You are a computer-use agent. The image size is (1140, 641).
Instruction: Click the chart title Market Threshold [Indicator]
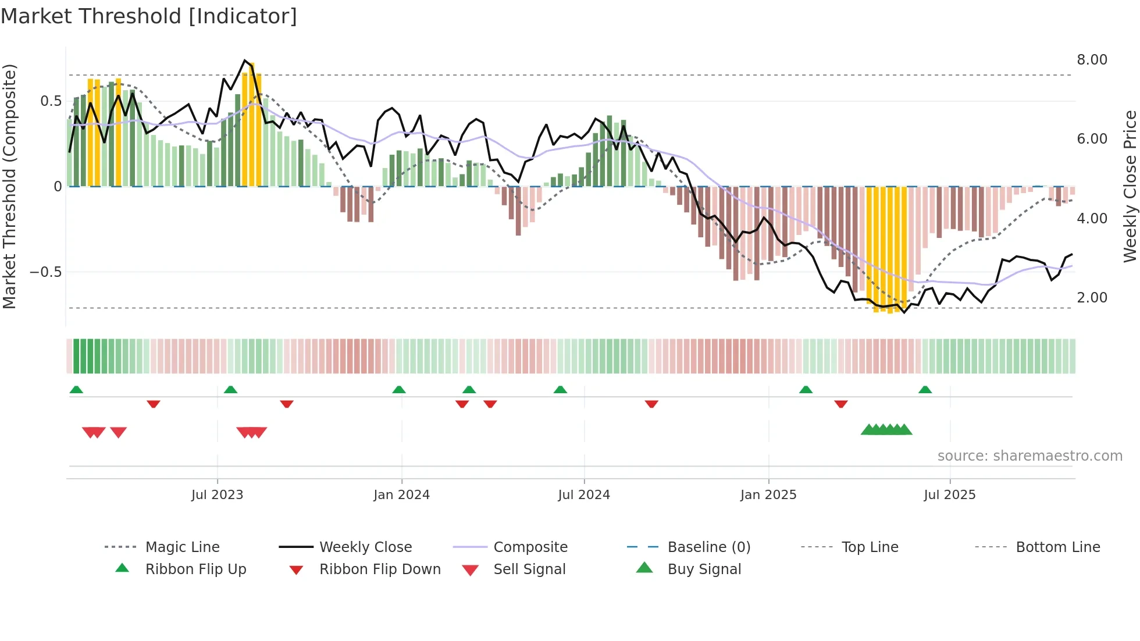click(x=149, y=16)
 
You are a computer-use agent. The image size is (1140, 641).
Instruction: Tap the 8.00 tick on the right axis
click(x=1092, y=60)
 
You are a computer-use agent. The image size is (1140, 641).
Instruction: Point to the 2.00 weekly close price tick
click(x=1092, y=298)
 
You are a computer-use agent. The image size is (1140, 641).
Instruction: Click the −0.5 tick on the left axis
click(x=45, y=272)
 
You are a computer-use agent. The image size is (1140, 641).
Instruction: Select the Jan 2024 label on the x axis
click(x=401, y=495)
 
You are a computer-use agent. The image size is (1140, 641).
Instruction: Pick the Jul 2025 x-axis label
click(x=949, y=495)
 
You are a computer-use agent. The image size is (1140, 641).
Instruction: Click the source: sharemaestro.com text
click(x=1029, y=456)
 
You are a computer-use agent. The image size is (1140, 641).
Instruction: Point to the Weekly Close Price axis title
click(x=1130, y=186)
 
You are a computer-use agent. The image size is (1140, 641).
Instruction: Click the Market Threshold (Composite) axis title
click(x=9, y=186)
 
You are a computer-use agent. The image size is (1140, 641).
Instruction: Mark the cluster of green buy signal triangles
click(x=886, y=430)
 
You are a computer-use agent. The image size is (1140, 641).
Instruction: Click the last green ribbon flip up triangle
click(x=925, y=390)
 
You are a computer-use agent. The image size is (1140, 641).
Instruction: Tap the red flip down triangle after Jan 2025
click(x=840, y=404)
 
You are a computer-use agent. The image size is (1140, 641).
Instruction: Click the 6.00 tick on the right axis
click(x=1092, y=139)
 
